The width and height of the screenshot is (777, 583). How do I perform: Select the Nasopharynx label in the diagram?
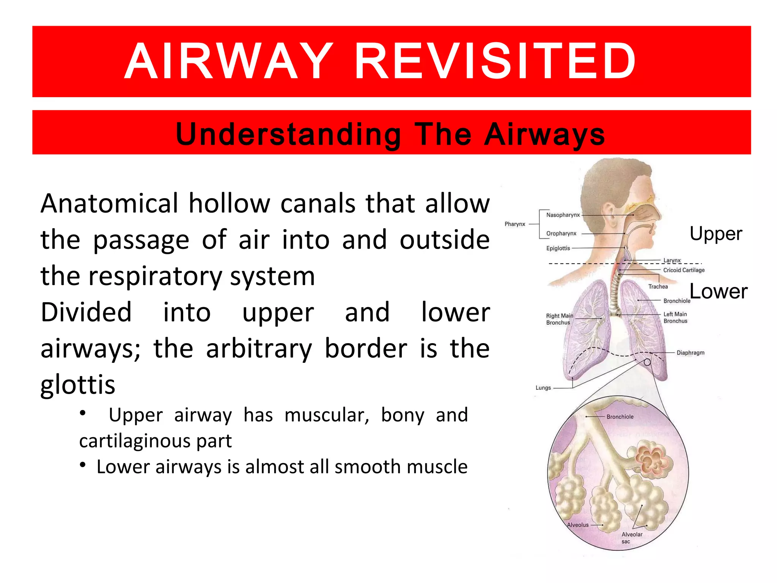pos(563,215)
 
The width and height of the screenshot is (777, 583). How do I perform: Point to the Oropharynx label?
pos(561,233)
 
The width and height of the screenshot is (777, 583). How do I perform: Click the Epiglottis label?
pos(558,248)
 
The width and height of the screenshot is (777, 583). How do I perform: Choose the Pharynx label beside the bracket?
pos(515,224)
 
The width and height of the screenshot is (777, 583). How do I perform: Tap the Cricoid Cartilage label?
pos(684,270)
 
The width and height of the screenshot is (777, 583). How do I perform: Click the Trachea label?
pos(658,287)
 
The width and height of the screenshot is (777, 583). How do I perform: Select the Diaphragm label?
pos(690,353)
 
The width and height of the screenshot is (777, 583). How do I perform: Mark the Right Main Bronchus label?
pos(559,319)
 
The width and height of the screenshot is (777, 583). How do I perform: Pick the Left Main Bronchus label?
pos(675,317)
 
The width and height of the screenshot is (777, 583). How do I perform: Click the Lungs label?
pos(543,388)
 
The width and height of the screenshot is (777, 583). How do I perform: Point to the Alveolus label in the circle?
pos(577,525)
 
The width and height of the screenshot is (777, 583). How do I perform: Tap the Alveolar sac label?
pos(632,537)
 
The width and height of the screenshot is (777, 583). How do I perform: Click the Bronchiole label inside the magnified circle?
pos(620,417)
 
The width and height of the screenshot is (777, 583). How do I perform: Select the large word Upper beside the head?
pos(716,233)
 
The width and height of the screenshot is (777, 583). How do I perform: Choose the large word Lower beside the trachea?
pos(718,291)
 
